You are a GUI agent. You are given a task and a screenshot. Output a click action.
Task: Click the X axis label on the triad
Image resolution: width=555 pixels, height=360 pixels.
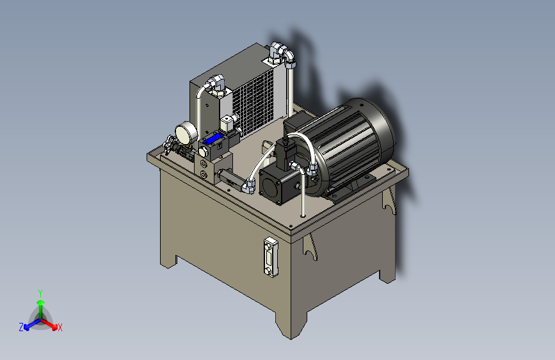click(60, 327)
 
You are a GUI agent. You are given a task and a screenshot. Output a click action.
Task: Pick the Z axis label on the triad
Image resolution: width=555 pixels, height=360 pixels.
click(21, 327)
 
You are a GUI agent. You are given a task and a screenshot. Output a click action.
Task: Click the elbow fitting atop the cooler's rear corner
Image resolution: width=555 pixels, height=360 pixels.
click(282, 52)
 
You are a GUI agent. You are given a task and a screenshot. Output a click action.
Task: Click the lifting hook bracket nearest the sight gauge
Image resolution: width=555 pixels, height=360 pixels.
click(311, 247)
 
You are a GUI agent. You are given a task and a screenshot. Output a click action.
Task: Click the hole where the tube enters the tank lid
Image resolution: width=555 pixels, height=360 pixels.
click(302, 215)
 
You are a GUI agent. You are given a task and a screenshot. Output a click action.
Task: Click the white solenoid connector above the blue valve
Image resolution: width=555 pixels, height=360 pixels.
click(229, 122)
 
